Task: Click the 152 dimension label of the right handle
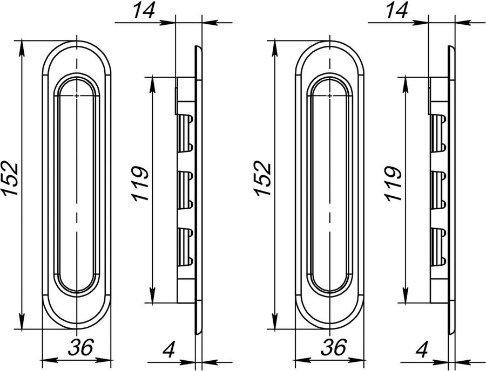point(263,178)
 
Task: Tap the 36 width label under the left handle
point(80,347)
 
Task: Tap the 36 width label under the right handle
point(334,347)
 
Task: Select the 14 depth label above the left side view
point(144,11)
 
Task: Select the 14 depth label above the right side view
point(396,11)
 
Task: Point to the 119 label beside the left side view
point(140,184)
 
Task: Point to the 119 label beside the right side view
point(393,184)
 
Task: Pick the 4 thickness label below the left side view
point(169,349)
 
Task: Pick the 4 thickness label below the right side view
point(422,349)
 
